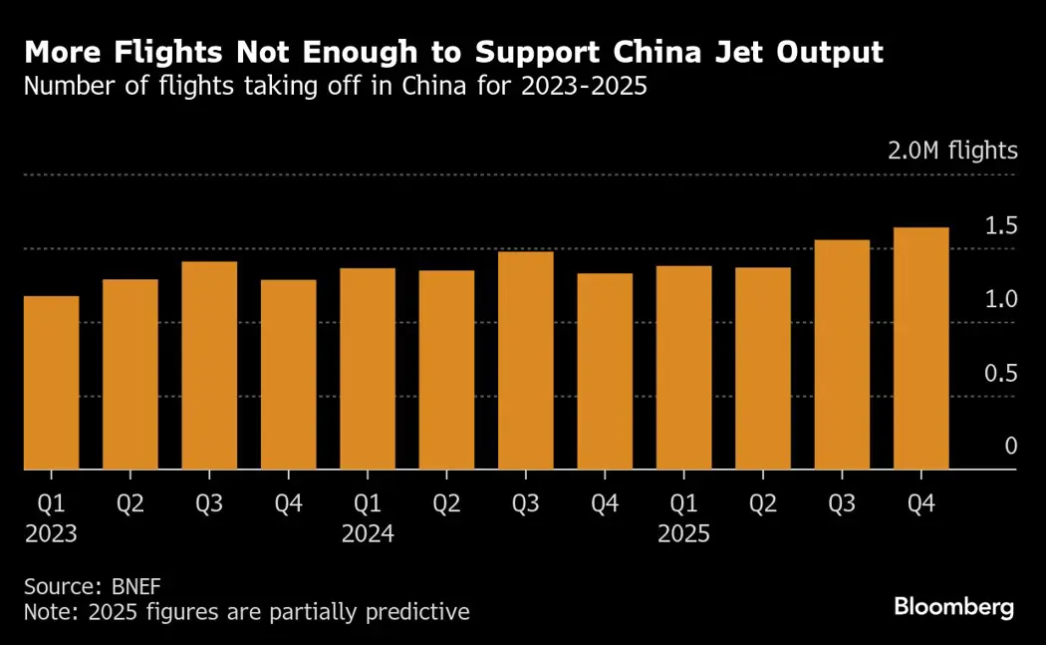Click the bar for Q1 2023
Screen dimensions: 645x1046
(51, 383)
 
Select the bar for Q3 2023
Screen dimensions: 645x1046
(209, 365)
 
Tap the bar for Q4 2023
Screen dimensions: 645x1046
(289, 374)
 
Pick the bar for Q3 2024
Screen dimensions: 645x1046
(526, 360)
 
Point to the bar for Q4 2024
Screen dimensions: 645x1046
(605, 371)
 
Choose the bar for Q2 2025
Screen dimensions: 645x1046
(763, 368)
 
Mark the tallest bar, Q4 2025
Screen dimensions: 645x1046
(921, 348)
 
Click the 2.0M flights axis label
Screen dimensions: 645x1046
(953, 152)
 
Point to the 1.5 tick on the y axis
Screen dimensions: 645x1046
(1001, 226)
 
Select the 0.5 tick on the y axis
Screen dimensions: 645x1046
(1001, 374)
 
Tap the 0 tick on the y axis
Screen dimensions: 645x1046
(1010, 447)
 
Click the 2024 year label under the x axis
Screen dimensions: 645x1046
(368, 534)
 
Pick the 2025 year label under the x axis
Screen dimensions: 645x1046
(683, 534)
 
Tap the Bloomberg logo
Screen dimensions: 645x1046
(953, 606)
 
